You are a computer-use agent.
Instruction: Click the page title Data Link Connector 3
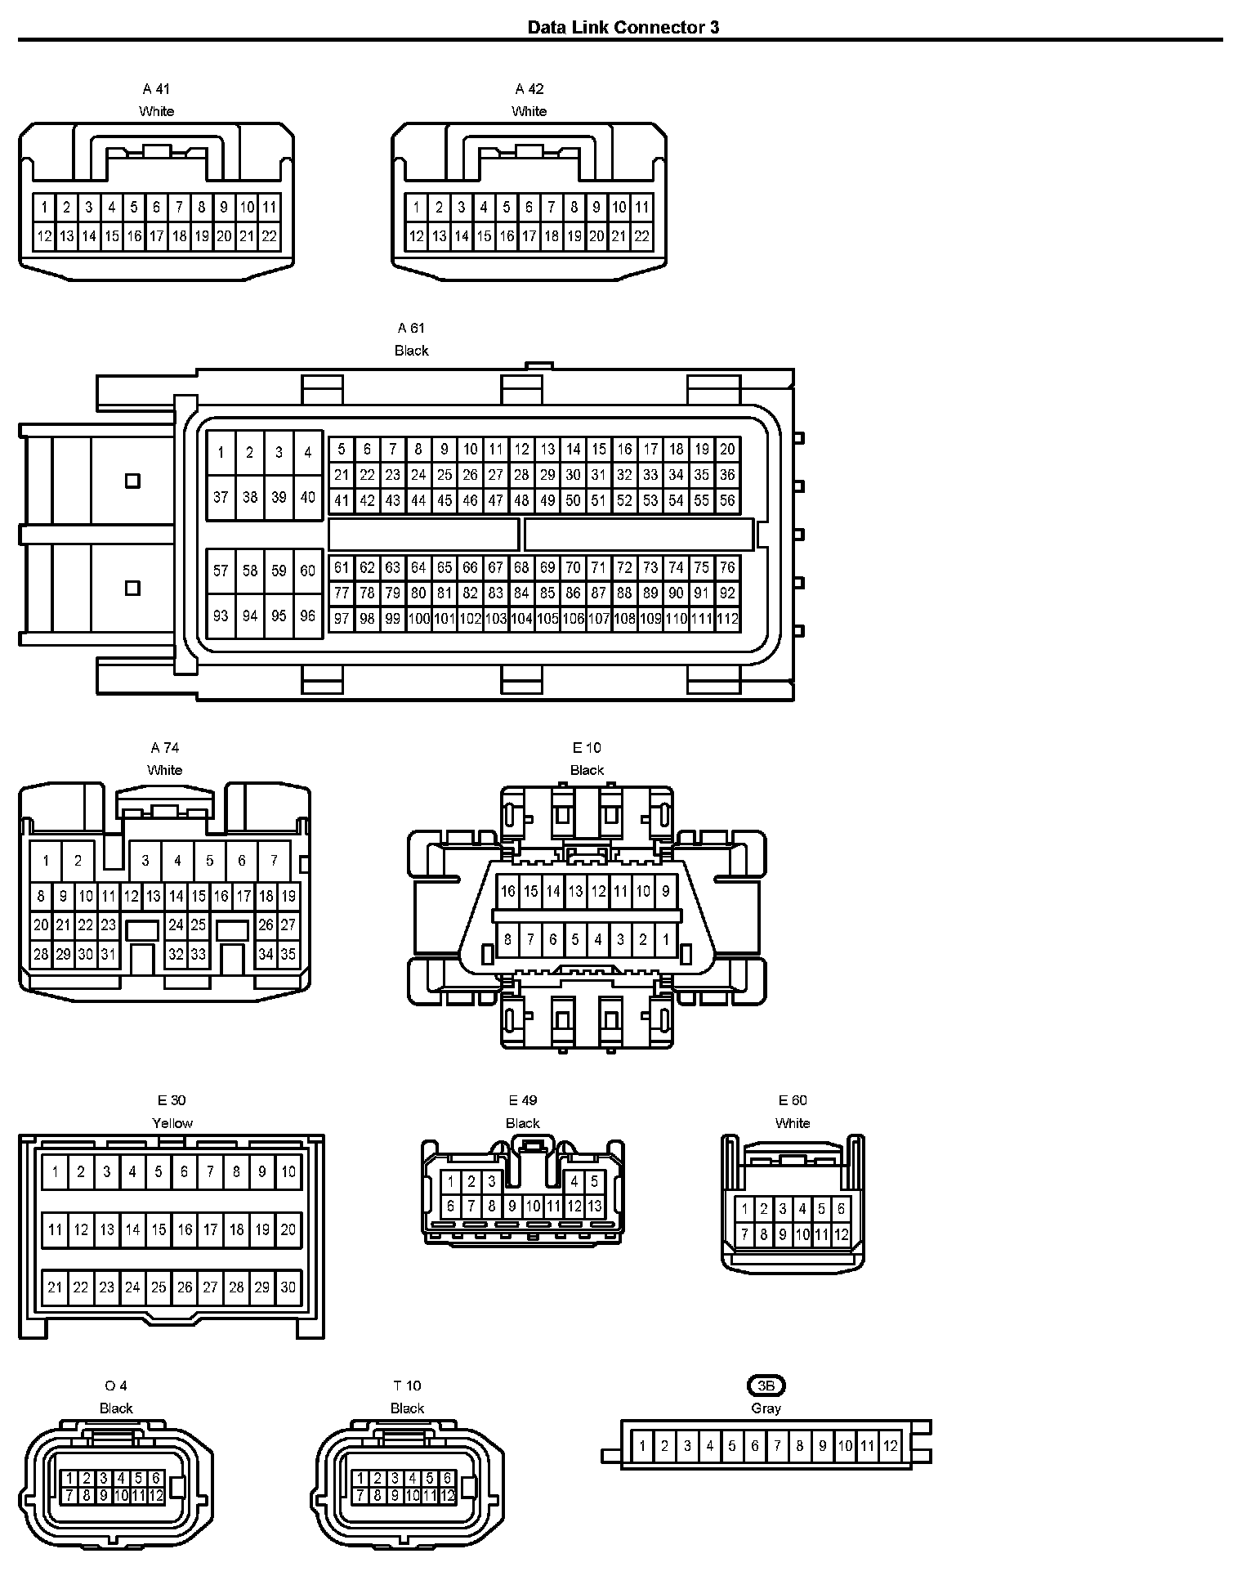pos(623,27)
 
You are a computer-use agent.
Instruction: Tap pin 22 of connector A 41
pos(269,237)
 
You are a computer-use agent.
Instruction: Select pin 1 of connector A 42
pos(417,208)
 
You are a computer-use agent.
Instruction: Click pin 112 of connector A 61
pos(727,619)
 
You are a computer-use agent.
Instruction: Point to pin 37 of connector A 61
pos(221,496)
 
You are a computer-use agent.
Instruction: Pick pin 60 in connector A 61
pos(308,571)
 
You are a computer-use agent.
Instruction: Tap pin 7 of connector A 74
pos(274,860)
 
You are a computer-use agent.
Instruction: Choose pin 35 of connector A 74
pos(288,953)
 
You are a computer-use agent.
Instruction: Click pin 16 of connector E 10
pos(508,891)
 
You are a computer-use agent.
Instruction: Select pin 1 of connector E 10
pos(665,939)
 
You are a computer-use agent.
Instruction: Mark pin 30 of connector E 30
pos(288,1287)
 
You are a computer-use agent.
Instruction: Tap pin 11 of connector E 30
pos(55,1229)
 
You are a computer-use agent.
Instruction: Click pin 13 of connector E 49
pos(594,1206)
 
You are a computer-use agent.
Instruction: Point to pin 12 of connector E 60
pos(842,1234)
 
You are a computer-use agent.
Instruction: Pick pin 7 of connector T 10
pos(360,1495)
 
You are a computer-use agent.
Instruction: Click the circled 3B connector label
pos(766,1386)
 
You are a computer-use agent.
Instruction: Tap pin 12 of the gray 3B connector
pos(891,1446)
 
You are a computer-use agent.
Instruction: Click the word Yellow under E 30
pos(172,1123)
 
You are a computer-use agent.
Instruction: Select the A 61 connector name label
pos(411,328)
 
